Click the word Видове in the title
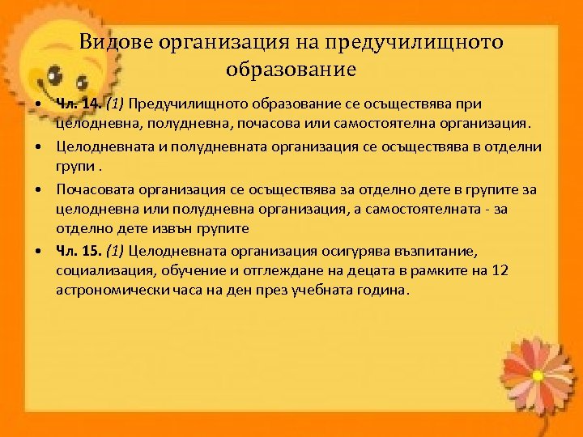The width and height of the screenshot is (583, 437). pyautogui.click(x=117, y=42)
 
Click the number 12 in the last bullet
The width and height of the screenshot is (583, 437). pyautogui.click(x=500, y=270)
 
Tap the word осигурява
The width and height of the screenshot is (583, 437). pyautogui.click(x=353, y=250)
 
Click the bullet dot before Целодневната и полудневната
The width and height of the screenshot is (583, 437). pyautogui.click(x=39, y=147)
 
